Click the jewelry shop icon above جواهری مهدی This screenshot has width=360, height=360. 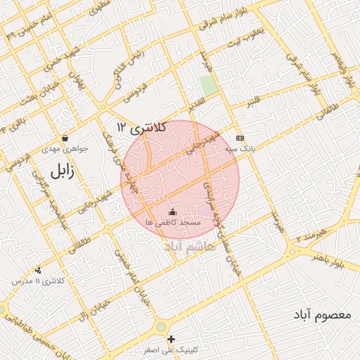click(65, 138)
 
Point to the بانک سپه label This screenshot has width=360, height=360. click(239, 149)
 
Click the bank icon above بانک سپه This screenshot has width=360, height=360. click(240, 138)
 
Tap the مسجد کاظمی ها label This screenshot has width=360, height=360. click(173, 221)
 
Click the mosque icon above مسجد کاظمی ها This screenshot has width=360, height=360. click(173, 212)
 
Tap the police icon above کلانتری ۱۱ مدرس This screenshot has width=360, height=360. click(38, 270)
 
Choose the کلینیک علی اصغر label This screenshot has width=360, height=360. click(172, 349)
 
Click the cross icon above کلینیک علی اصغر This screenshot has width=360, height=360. click(172, 340)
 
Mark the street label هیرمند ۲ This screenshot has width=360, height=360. click(307, 235)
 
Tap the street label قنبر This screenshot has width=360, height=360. click(253, 103)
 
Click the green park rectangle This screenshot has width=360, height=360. click(208, 86)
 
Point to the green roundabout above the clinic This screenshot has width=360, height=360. click(162, 327)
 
